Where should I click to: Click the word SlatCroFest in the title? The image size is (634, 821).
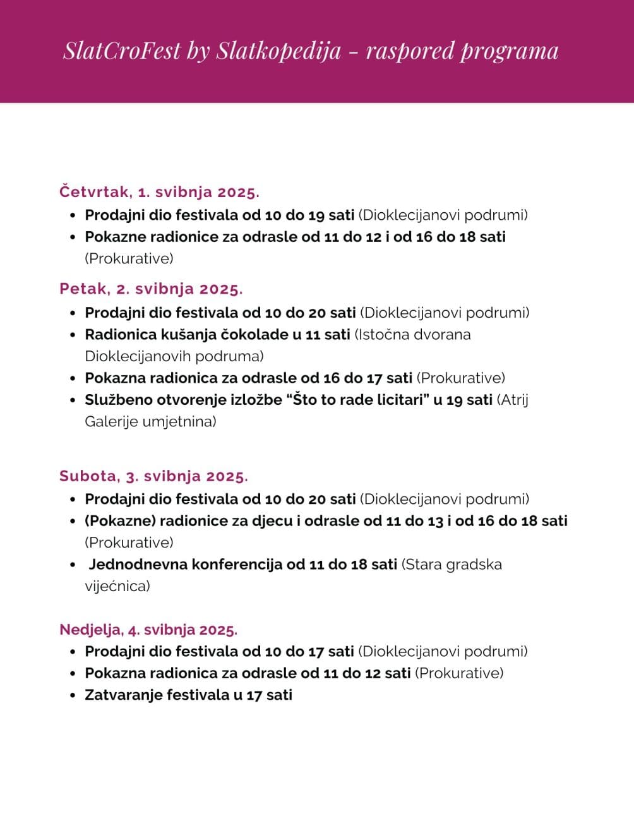122,51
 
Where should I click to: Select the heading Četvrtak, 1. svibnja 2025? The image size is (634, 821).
159,192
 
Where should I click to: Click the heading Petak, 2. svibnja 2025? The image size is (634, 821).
151,289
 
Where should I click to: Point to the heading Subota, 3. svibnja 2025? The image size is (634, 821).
153,476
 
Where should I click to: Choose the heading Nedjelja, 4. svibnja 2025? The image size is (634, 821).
148,630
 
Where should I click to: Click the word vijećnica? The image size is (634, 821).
117,586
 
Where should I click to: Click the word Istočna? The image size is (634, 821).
381,335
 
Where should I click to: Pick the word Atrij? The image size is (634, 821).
513,400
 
